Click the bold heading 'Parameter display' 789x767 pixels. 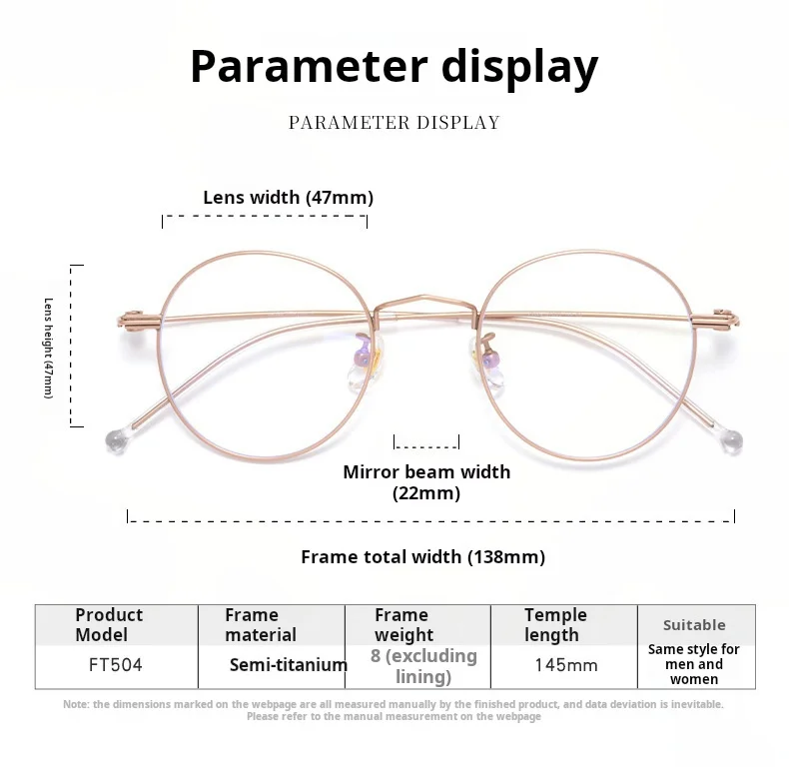[394, 66]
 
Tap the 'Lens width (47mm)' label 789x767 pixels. [288, 198]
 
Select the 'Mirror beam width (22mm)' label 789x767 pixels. [426, 482]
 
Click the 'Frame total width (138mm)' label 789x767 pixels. [422, 557]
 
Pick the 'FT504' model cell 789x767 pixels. [116, 664]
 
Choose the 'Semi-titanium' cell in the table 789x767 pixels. [288, 664]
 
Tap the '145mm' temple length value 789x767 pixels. [565, 664]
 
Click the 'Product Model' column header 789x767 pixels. [109, 624]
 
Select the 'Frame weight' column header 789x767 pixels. [403, 624]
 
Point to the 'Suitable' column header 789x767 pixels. [694, 625]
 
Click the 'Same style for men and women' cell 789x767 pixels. [694, 664]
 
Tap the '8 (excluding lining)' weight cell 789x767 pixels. [422, 666]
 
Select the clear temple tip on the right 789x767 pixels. [735, 440]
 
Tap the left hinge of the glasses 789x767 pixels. [138, 320]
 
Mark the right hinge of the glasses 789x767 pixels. [715, 320]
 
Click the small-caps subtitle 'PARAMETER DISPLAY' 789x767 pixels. [394, 123]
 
